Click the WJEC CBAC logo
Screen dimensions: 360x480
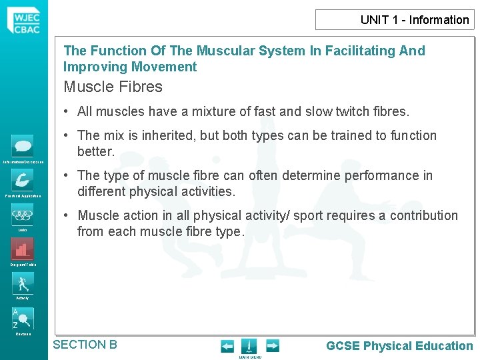click(23, 20)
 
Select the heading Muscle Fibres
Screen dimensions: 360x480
click(113, 87)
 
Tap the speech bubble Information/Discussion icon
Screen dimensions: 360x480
click(23, 145)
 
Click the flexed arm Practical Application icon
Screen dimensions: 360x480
click(23, 180)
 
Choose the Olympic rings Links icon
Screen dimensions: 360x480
click(23, 215)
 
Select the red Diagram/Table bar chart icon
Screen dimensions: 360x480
click(23, 249)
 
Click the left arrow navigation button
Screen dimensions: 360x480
click(227, 346)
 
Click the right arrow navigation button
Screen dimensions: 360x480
click(272, 346)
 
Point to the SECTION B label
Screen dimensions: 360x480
click(85, 345)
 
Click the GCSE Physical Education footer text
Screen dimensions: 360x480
click(399, 345)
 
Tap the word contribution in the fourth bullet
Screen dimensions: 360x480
click(419, 215)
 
